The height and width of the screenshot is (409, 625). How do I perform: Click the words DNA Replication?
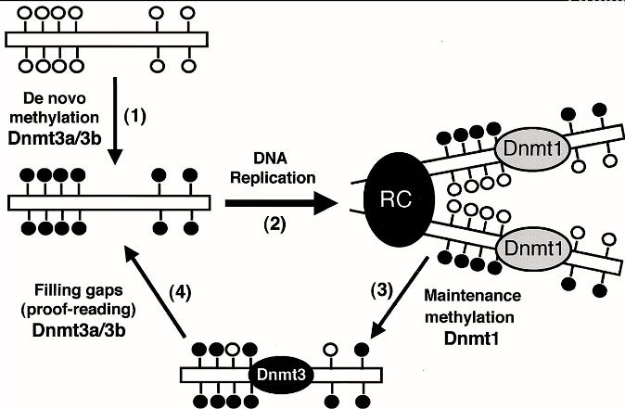point(275,165)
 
